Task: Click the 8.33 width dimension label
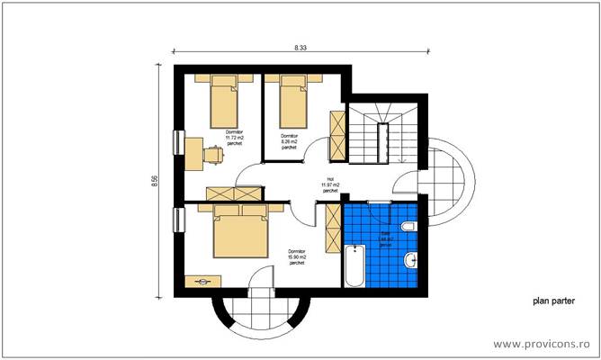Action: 300,46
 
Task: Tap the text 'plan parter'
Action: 553,303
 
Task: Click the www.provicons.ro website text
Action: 543,344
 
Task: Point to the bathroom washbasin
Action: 411,261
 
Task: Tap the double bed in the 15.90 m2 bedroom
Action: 240,229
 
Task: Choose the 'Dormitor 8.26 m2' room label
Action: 289,141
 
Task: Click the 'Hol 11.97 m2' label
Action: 330,185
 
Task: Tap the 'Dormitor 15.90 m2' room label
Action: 297,256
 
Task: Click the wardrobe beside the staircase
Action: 337,132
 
